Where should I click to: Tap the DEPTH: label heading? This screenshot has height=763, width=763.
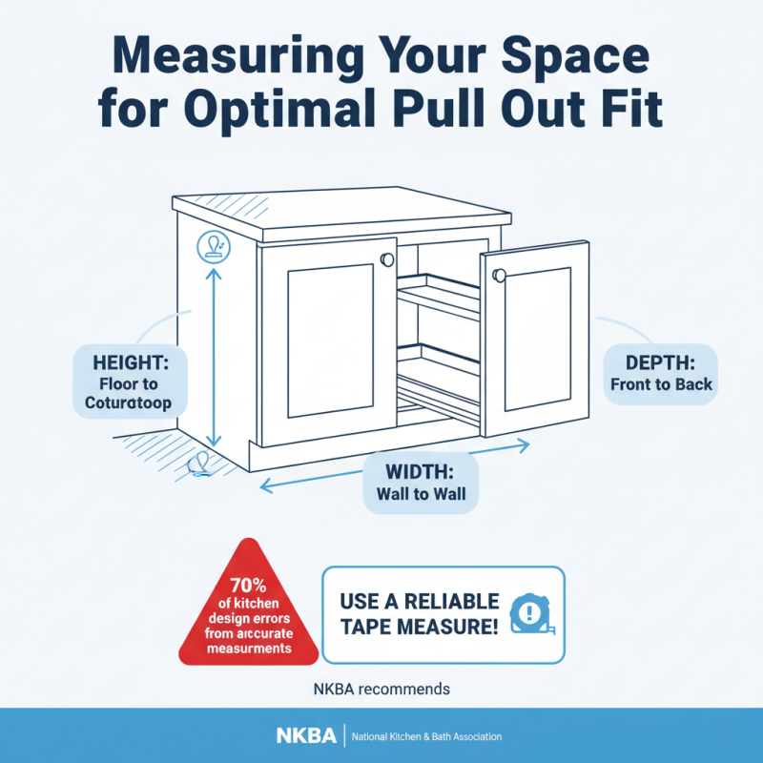661,362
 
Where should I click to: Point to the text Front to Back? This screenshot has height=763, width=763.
661,385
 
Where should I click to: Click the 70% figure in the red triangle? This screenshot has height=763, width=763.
249,585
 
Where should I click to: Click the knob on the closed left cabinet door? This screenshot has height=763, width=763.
386,259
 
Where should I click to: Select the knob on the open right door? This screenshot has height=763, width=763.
498,276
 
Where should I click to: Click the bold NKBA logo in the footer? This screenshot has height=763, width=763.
305,736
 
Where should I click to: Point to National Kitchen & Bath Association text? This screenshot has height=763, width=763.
426,737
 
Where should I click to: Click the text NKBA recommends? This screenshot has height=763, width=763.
381,688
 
